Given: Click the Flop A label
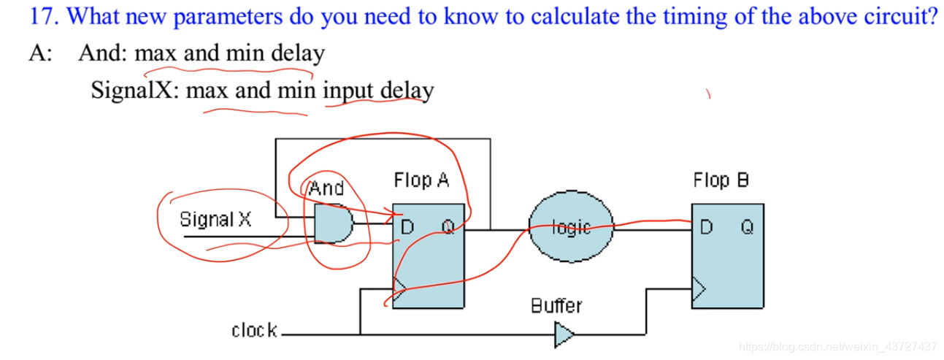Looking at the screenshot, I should click(421, 180).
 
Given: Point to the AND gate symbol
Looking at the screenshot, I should click(333, 223).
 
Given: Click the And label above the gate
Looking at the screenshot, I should click(326, 188).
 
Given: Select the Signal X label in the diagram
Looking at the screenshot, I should click(215, 219).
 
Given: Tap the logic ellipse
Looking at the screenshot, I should click(571, 227).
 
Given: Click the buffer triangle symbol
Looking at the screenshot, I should click(563, 335).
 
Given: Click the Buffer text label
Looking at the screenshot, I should click(556, 305).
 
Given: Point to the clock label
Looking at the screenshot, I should click(254, 331).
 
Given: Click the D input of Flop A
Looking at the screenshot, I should click(407, 227).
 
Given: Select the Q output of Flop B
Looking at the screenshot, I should click(747, 227).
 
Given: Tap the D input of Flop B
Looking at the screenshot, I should click(705, 227).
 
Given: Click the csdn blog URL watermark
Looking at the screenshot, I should click(837, 345).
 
